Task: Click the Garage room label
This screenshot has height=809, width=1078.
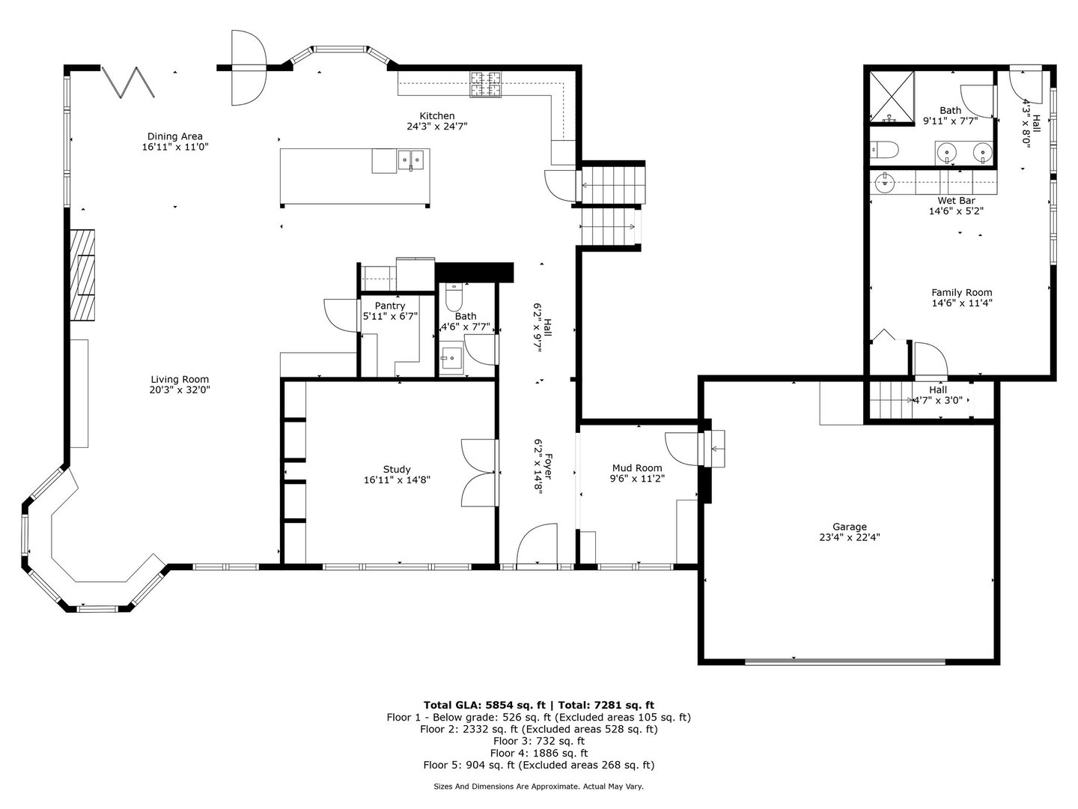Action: pos(849,527)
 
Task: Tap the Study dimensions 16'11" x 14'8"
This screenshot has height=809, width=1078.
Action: pos(397,480)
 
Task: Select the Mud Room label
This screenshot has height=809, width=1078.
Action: pos(636,468)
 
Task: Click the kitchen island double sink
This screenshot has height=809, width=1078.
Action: pos(412,159)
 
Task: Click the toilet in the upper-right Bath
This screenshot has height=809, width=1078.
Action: pos(884,151)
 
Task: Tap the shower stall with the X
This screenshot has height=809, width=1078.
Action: pos(892,97)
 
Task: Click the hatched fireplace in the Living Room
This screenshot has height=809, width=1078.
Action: pos(83,276)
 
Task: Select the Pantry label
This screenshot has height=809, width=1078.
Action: pos(390,306)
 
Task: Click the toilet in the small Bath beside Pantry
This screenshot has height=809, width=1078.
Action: pos(454,299)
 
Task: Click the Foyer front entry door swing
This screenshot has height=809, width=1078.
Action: pos(538,546)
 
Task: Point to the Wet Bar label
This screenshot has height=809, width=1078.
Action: pos(956,201)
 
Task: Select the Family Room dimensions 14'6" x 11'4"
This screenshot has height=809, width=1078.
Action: pos(962,303)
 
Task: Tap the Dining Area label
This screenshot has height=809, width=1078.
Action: pos(174,136)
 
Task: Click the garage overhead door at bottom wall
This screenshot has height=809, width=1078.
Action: pos(845,661)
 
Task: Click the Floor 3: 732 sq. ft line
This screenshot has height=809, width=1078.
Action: pos(538,741)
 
